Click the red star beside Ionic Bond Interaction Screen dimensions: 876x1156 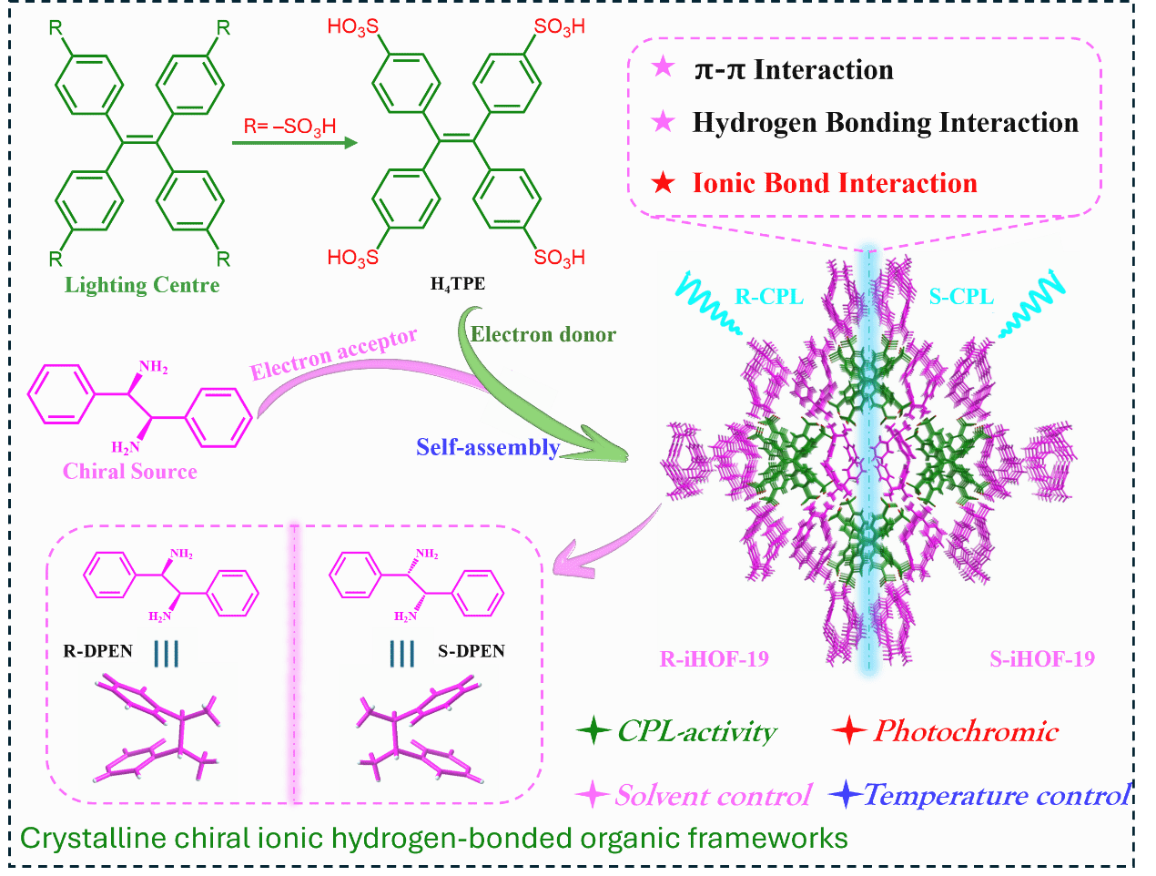(x=664, y=183)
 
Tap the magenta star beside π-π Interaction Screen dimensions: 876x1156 (x=664, y=68)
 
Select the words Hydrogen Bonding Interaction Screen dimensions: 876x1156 (x=885, y=123)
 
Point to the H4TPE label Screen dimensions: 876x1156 (x=458, y=284)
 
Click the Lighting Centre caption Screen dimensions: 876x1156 (x=142, y=285)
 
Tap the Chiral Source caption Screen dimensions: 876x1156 (x=130, y=471)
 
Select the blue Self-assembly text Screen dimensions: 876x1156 (x=488, y=447)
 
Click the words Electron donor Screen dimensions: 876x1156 (x=543, y=334)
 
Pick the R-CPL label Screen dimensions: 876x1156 (x=769, y=296)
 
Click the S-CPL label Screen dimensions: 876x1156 (x=961, y=296)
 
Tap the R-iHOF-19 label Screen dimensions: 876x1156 (x=715, y=658)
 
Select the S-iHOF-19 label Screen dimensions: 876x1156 (x=1042, y=658)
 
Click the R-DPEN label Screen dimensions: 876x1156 (x=97, y=651)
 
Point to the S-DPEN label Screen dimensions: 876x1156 (x=472, y=651)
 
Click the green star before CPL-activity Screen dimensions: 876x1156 (x=593, y=730)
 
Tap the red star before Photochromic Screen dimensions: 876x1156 (x=848, y=730)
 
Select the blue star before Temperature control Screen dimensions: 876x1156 (x=846, y=795)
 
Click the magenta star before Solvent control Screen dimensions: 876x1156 (x=593, y=795)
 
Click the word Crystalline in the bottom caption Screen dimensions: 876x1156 (x=82, y=838)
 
